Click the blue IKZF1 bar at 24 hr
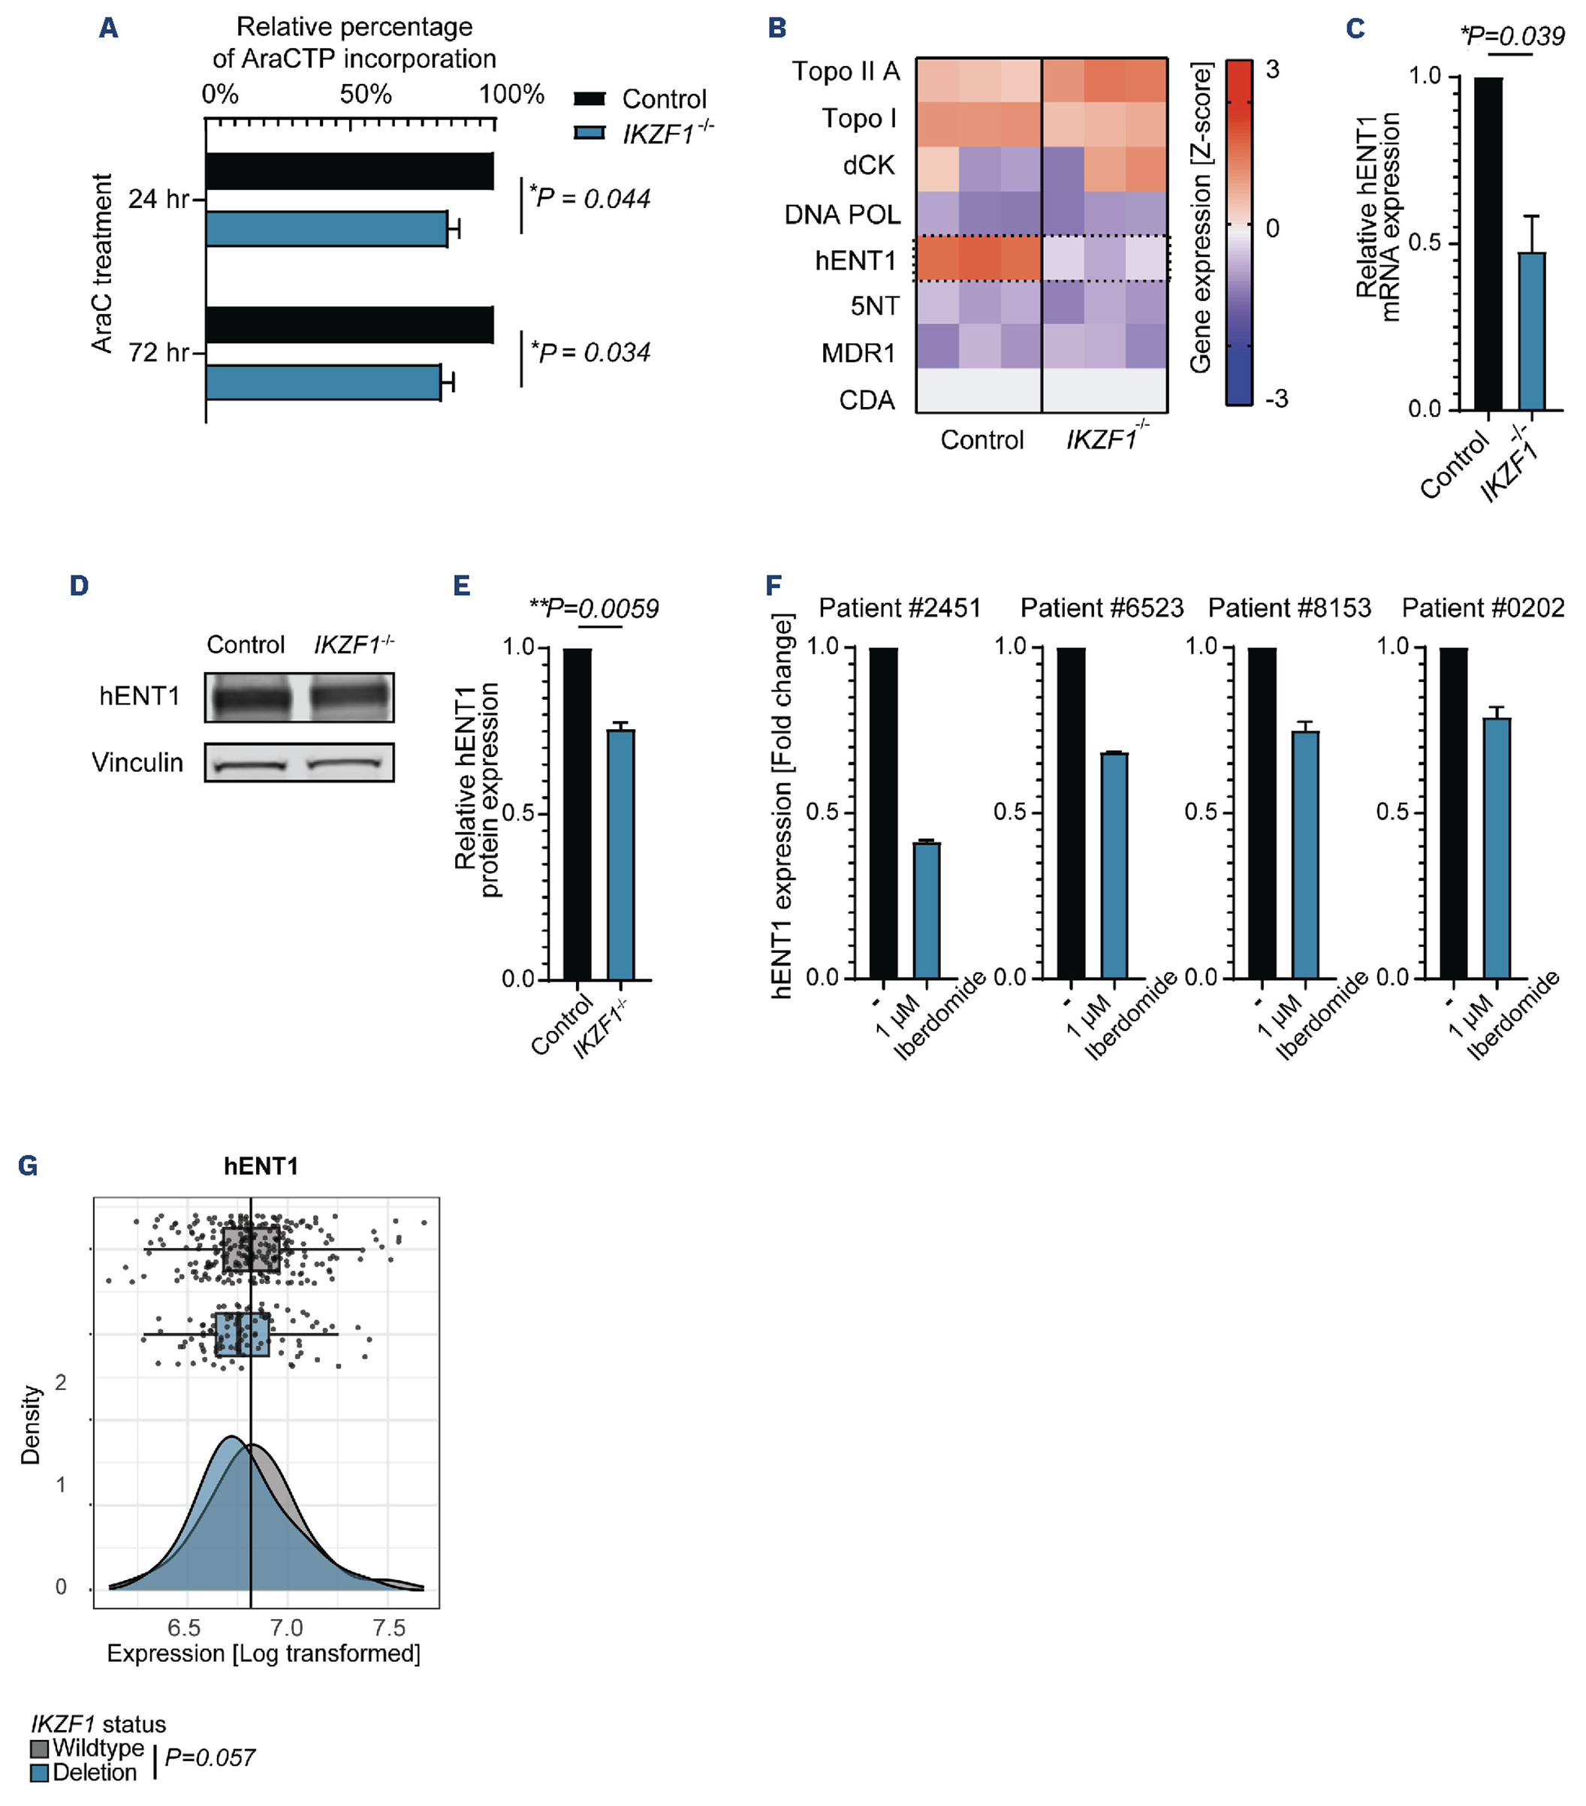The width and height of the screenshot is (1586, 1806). [x=326, y=229]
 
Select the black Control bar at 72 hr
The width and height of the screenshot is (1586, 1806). [x=349, y=325]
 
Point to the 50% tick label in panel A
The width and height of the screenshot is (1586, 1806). [x=365, y=94]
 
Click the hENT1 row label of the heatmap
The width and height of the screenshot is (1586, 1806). [x=855, y=261]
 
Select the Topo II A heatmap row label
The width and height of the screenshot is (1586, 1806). [x=845, y=71]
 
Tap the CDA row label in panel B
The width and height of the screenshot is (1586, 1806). [x=866, y=400]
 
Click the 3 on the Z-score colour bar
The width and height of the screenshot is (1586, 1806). [x=1271, y=70]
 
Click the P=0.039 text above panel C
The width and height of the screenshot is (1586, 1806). [x=1512, y=36]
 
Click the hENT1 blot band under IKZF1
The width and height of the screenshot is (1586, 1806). [x=350, y=698]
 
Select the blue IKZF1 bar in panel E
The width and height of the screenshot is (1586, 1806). [x=620, y=854]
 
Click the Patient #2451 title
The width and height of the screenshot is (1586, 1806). [x=900, y=608]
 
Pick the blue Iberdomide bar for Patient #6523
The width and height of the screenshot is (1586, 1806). [x=1114, y=865]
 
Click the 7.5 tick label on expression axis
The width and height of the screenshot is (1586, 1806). [x=389, y=1627]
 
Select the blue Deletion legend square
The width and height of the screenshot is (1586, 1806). [x=39, y=1772]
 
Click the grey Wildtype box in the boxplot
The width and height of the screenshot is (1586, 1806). [x=251, y=1249]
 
